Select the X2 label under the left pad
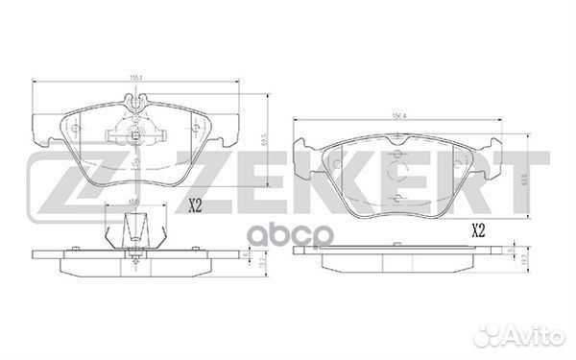[x=195, y=204]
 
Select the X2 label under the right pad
[x=478, y=231]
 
